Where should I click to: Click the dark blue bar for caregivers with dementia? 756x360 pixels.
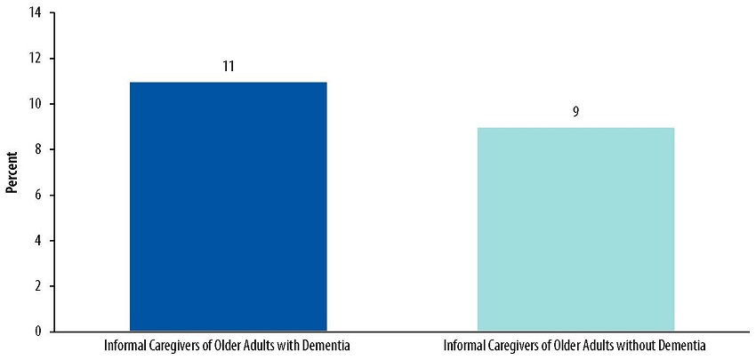229,206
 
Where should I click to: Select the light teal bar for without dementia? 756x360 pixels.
575,229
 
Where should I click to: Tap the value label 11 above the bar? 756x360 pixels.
229,67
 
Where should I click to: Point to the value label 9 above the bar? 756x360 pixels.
575,113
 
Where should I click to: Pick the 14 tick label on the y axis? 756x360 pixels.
35,12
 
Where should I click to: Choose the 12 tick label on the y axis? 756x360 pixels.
35,59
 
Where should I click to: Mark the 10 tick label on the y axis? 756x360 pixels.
35,104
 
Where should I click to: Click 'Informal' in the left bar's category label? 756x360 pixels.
123,345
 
